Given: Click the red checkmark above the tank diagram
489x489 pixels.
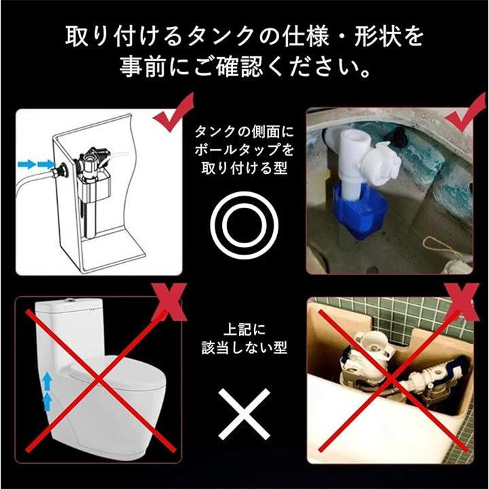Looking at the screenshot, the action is coord(173,112).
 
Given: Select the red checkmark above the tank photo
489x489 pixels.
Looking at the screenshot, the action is coord(465,112).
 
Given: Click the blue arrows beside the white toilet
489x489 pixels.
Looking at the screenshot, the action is coord(47,391).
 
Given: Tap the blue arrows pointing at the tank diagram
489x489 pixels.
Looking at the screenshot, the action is coord(36,164).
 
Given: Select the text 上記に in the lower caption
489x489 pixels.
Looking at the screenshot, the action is coord(244,329).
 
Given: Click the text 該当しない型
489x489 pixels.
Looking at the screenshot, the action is coord(244,347).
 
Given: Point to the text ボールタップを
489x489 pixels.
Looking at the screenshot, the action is coord(244,149).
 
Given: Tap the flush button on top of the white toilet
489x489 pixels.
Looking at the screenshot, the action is coord(70,300).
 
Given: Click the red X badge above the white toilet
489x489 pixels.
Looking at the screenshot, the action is coord(169,302).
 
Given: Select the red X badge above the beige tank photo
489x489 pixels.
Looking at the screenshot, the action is coord(462,302).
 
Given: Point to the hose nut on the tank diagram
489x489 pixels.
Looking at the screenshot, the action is coord(57,171).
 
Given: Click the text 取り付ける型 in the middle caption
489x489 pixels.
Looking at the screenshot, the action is coord(244,168).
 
